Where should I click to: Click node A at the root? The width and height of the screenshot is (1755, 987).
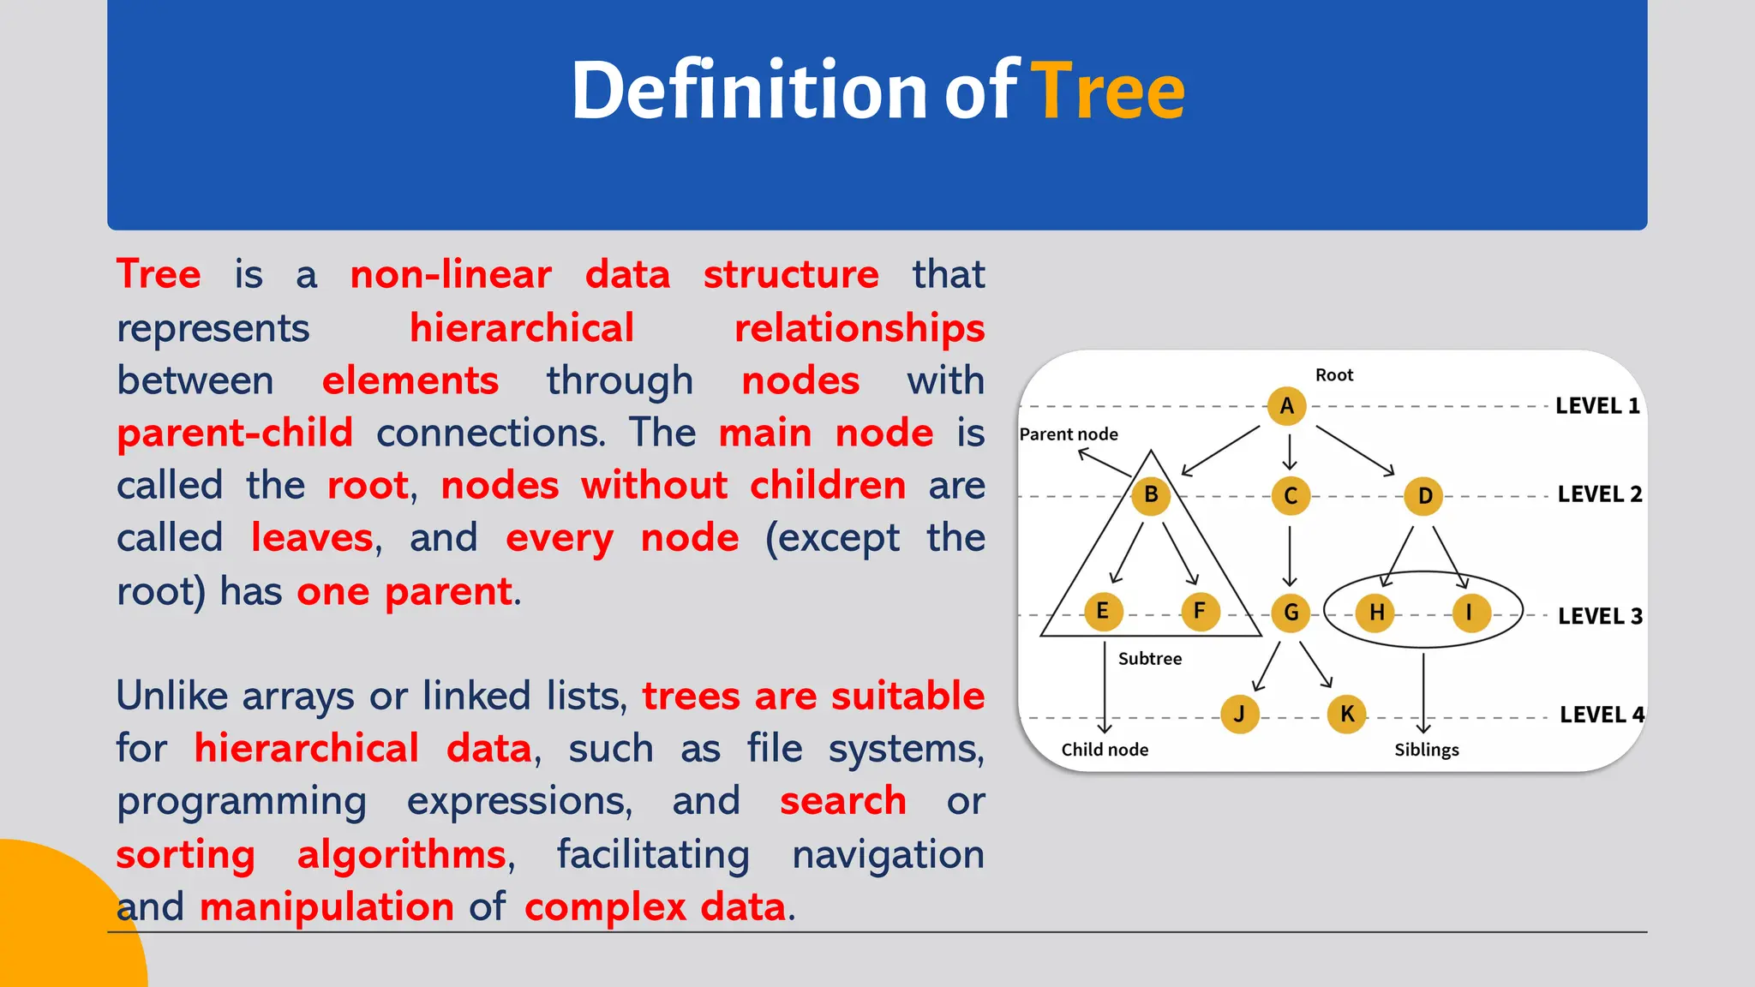pyautogui.click(x=1286, y=406)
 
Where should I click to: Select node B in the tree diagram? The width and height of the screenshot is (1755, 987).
pyautogui.click(x=1151, y=495)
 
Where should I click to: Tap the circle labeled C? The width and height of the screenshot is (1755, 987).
pyautogui.click(x=1291, y=496)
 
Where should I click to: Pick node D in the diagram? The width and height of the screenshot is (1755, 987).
pyautogui.click(x=1424, y=496)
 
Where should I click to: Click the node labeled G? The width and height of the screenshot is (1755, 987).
pyautogui.click(x=1291, y=613)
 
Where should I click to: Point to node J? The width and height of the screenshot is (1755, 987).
pyautogui.click(x=1239, y=714)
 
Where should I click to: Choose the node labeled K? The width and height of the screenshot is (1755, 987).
pyautogui.click(x=1347, y=714)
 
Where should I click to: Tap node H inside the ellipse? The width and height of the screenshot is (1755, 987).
pyautogui.click(x=1376, y=613)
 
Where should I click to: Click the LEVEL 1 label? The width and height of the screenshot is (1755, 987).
pyautogui.click(x=1597, y=406)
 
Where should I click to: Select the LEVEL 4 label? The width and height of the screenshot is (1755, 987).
pyautogui.click(x=1601, y=715)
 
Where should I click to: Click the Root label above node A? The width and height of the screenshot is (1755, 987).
pyautogui.click(x=1334, y=375)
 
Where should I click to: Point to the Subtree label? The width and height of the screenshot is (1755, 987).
pyautogui.click(x=1149, y=659)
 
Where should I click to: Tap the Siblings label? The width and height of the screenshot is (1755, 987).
pyautogui.click(x=1426, y=750)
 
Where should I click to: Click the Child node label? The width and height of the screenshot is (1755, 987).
pyautogui.click(x=1105, y=750)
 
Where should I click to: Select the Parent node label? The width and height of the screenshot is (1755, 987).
pyautogui.click(x=1069, y=434)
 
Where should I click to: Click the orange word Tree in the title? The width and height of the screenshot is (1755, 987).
pyautogui.click(x=1107, y=90)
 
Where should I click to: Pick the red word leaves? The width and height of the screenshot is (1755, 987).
pyautogui.click(x=312, y=538)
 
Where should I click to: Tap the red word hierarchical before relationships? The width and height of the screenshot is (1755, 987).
pyautogui.click(x=521, y=328)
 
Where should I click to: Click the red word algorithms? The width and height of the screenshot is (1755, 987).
pyautogui.click(x=401, y=854)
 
